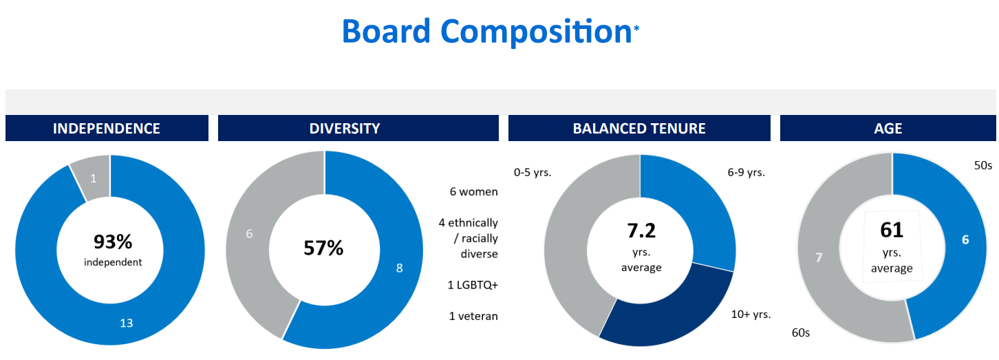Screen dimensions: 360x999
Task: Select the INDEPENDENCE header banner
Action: click(x=107, y=128)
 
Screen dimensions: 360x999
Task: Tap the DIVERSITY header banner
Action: click(x=358, y=128)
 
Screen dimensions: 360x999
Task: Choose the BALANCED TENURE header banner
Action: click(x=639, y=128)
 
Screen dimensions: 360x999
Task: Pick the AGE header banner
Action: click(x=888, y=128)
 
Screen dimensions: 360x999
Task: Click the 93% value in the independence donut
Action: click(x=113, y=242)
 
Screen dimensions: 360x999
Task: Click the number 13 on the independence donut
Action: click(x=126, y=323)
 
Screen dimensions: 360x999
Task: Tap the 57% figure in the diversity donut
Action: click(x=323, y=248)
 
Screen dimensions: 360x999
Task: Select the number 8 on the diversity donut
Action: click(x=399, y=268)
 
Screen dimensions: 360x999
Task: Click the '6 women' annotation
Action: click(x=473, y=191)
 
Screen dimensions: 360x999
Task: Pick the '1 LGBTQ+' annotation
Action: click(x=473, y=285)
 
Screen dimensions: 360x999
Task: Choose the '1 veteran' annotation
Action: click(x=473, y=316)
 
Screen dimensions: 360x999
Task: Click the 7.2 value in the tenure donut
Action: click(x=641, y=231)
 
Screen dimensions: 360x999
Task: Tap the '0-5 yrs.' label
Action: click(x=533, y=172)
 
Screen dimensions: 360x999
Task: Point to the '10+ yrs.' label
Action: click(x=751, y=314)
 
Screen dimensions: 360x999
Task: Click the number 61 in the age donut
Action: click(x=891, y=230)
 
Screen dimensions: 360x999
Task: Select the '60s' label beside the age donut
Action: click(x=801, y=333)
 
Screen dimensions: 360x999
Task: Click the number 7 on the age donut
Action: click(x=818, y=257)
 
